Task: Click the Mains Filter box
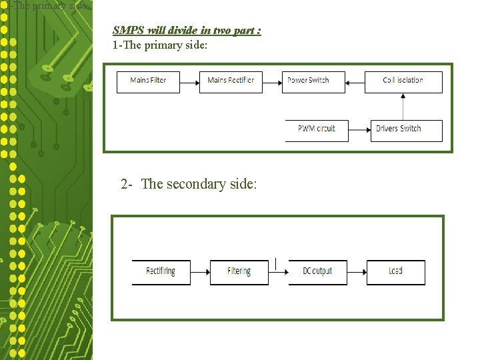coord(148,81)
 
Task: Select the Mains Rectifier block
coord(231,81)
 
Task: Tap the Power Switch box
coord(313,81)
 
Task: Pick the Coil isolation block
coord(403,81)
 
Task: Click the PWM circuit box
coord(317,130)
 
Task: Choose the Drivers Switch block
coord(406,130)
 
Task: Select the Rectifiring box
coord(161,272)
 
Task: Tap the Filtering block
coord(239,272)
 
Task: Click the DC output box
coord(317,272)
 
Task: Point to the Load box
coord(395,272)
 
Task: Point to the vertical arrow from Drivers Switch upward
coord(403,106)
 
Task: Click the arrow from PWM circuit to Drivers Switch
coord(359,130)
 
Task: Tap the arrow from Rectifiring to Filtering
coord(200,272)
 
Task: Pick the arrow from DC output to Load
coord(357,272)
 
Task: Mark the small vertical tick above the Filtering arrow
coord(275,264)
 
